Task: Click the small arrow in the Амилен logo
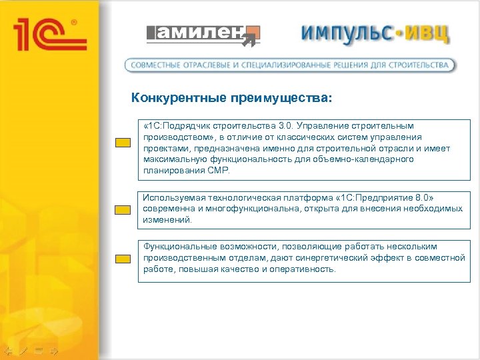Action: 249,42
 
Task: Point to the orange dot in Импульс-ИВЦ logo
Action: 395,33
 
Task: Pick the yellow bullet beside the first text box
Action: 121,143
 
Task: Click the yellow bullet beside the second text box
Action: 121,210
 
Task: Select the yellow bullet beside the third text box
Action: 121,259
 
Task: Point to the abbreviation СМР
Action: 218,171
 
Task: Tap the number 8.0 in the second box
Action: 423,197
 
